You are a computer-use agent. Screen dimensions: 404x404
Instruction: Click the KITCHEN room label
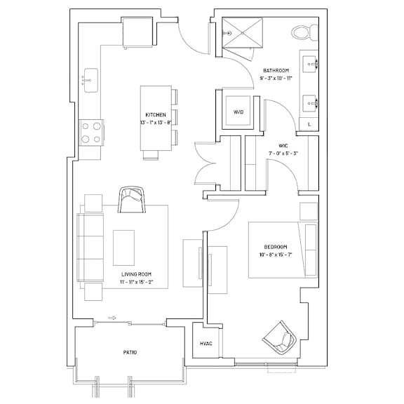(156, 115)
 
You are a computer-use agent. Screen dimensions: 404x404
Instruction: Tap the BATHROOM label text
(276, 70)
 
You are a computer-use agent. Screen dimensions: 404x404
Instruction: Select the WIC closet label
(283, 146)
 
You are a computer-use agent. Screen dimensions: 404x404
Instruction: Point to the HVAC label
(206, 344)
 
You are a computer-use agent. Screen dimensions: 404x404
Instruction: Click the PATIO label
(130, 352)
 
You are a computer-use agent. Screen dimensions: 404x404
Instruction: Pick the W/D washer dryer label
(238, 112)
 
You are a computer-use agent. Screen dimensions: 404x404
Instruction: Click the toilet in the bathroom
(305, 32)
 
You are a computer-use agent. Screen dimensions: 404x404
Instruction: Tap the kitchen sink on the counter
(91, 80)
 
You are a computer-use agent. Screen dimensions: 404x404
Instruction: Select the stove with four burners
(91, 133)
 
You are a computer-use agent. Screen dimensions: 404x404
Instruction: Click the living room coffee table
(123, 248)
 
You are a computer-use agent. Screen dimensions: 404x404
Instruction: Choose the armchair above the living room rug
(131, 199)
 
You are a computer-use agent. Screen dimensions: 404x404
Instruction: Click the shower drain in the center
(243, 33)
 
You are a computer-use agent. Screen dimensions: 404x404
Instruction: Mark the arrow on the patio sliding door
(112, 318)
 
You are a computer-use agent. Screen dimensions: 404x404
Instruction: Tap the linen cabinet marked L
(309, 124)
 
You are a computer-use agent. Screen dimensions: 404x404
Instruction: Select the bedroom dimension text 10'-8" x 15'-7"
(276, 255)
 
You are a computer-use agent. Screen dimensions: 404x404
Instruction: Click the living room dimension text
(137, 282)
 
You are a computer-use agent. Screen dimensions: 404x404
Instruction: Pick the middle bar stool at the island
(175, 117)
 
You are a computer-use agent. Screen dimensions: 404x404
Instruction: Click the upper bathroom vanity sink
(310, 63)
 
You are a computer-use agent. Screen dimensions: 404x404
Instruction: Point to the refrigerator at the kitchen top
(137, 32)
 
